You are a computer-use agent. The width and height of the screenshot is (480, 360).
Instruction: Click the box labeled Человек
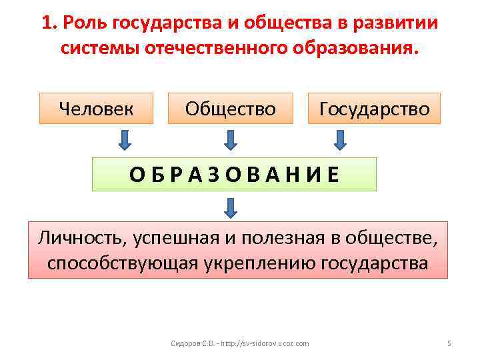click(x=96, y=108)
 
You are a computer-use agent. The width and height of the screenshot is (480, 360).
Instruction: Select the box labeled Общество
click(x=230, y=108)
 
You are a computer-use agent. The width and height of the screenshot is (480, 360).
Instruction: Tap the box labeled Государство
click(x=373, y=108)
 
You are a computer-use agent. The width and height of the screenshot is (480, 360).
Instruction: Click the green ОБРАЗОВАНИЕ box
click(x=234, y=174)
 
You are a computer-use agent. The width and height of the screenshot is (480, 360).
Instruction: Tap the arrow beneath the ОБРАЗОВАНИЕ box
click(x=230, y=208)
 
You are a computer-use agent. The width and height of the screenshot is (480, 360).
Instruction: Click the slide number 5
click(x=449, y=343)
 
